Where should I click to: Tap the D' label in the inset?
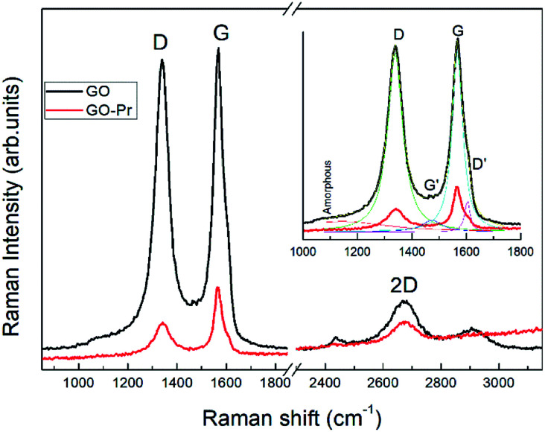477,162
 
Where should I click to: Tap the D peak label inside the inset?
398,34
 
